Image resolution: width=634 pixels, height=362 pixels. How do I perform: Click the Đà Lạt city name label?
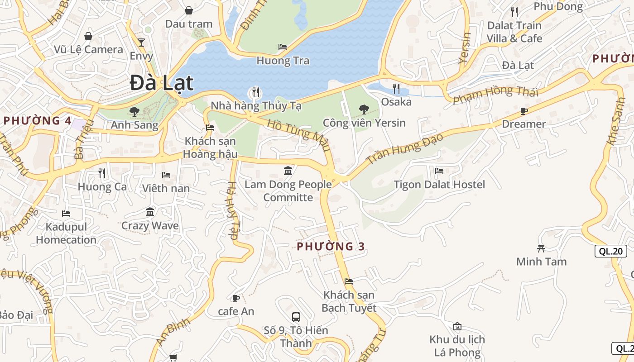point(162,83)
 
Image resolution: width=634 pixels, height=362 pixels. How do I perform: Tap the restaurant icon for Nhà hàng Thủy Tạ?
point(256,93)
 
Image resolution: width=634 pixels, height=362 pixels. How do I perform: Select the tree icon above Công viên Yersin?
point(364,109)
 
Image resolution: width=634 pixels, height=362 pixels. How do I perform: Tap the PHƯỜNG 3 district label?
point(331,247)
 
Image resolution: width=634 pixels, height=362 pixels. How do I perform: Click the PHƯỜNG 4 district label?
point(38,121)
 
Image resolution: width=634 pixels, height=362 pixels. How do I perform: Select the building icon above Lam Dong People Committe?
point(288,171)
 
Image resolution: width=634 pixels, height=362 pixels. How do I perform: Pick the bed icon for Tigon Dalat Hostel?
point(439,171)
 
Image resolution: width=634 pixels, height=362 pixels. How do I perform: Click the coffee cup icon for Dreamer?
point(524,110)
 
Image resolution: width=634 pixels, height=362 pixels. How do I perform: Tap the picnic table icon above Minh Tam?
point(541,248)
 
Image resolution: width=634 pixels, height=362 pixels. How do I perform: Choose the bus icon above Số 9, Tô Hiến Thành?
point(296,317)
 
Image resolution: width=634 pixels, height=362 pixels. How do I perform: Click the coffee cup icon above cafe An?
point(235,298)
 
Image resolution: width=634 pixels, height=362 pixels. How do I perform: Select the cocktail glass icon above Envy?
point(141,43)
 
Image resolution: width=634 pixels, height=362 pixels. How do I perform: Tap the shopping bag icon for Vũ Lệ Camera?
point(88,36)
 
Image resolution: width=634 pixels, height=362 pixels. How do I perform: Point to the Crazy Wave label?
point(150,225)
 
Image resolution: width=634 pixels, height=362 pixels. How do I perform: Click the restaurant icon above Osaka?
point(396,88)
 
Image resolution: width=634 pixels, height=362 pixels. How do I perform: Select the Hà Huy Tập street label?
point(232,210)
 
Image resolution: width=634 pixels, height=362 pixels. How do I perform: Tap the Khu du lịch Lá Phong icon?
point(457,326)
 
